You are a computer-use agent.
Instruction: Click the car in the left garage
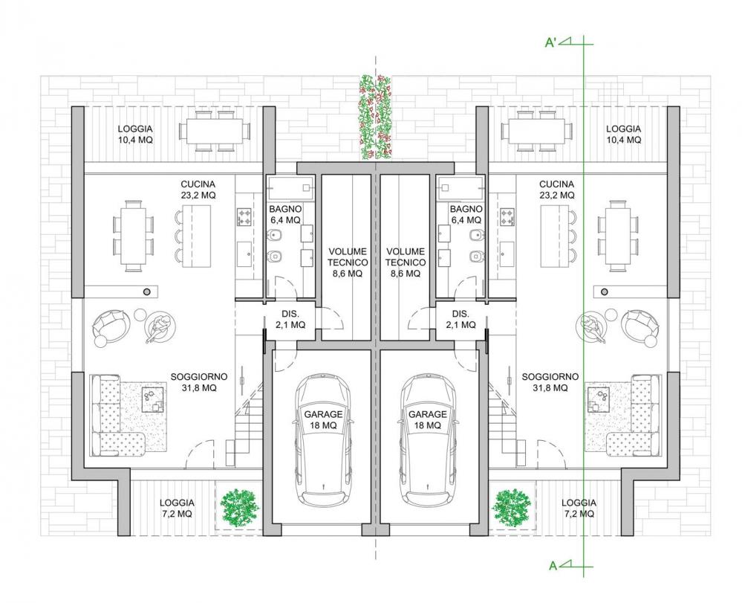[x=324, y=439]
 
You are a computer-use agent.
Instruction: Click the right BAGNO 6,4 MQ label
[x=466, y=215]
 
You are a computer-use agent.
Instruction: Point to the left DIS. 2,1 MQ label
[x=290, y=319]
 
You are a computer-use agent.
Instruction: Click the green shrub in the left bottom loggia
[x=240, y=508]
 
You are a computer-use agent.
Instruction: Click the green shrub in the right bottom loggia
[x=511, y=508]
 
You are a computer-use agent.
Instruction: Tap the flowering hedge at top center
[x=376, y=117]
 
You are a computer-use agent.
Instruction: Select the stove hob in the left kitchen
[x=244, y=217]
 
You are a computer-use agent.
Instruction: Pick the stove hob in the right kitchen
[x=507, y=217]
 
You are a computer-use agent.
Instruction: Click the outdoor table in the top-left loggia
[x=215, y=131]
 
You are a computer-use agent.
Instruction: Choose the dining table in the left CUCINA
[x=134, y=236]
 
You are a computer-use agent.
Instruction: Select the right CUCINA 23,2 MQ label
[x=556, y=190]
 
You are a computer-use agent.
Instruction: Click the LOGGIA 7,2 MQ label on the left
[x=177, y=509]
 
